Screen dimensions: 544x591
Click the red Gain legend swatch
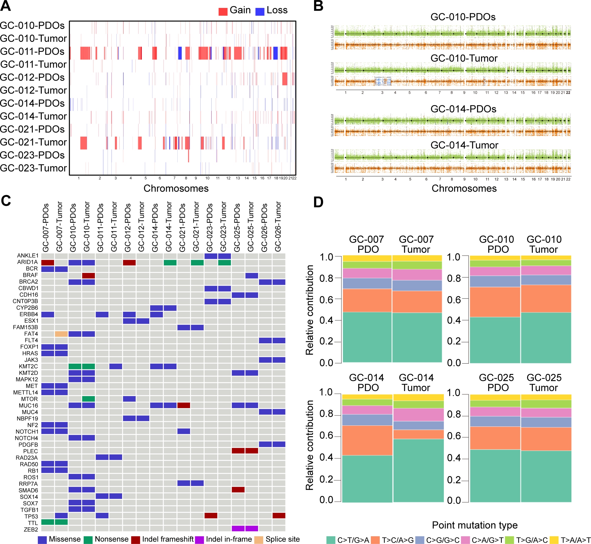pos(223,11)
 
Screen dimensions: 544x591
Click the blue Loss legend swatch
pos(260,11)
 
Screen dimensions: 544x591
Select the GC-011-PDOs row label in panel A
pos(33,51)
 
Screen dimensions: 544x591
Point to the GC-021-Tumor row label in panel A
pos(33,142)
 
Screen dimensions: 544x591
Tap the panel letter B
pos(318,6)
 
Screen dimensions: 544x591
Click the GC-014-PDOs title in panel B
pos(463,109)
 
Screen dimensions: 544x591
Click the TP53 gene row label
pos(31,516)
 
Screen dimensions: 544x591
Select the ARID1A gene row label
pos(27,262)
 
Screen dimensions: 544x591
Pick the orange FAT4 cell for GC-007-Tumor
pos(61,334)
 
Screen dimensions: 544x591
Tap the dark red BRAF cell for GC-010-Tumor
pos(88,275)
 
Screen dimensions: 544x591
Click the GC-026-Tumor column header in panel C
pos(278,227)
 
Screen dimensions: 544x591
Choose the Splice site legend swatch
pos(259,540)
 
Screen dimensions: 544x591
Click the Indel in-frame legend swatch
pos(200,540)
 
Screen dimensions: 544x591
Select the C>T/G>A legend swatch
pos(331,540)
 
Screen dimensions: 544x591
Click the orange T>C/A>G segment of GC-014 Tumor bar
pos(418,434)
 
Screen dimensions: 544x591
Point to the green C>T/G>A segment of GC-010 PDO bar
pos(495,340)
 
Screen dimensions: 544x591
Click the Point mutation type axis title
pos(475,525)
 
